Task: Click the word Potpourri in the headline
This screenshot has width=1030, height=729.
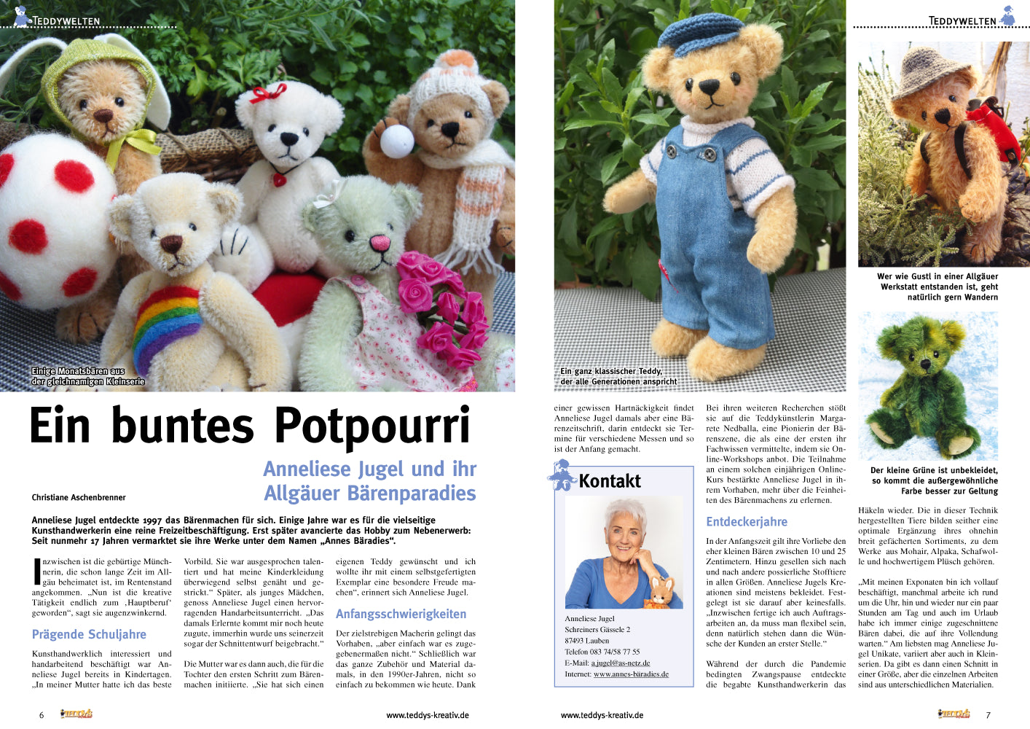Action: [x=372, y=426]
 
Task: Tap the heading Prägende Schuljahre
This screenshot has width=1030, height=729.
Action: [x=89, y=634]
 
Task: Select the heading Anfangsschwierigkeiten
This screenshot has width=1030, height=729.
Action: [x=401, y=614]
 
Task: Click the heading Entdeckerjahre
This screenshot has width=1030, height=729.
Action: [x=747, y=521]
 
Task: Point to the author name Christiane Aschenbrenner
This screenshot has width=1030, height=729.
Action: [x=79, y=497]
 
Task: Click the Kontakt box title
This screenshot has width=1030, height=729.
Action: [x=610, y=481]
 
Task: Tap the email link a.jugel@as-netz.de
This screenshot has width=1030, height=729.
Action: [x=620, y=663]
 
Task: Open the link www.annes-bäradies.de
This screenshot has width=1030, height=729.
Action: [x=631, y=674]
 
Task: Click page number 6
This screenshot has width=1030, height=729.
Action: [x=42, y=715]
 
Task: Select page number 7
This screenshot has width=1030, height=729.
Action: [x=988, y=715]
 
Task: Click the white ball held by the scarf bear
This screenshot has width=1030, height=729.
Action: [x=397, y=141]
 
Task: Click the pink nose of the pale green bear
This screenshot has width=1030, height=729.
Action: [x=380, y=242]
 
